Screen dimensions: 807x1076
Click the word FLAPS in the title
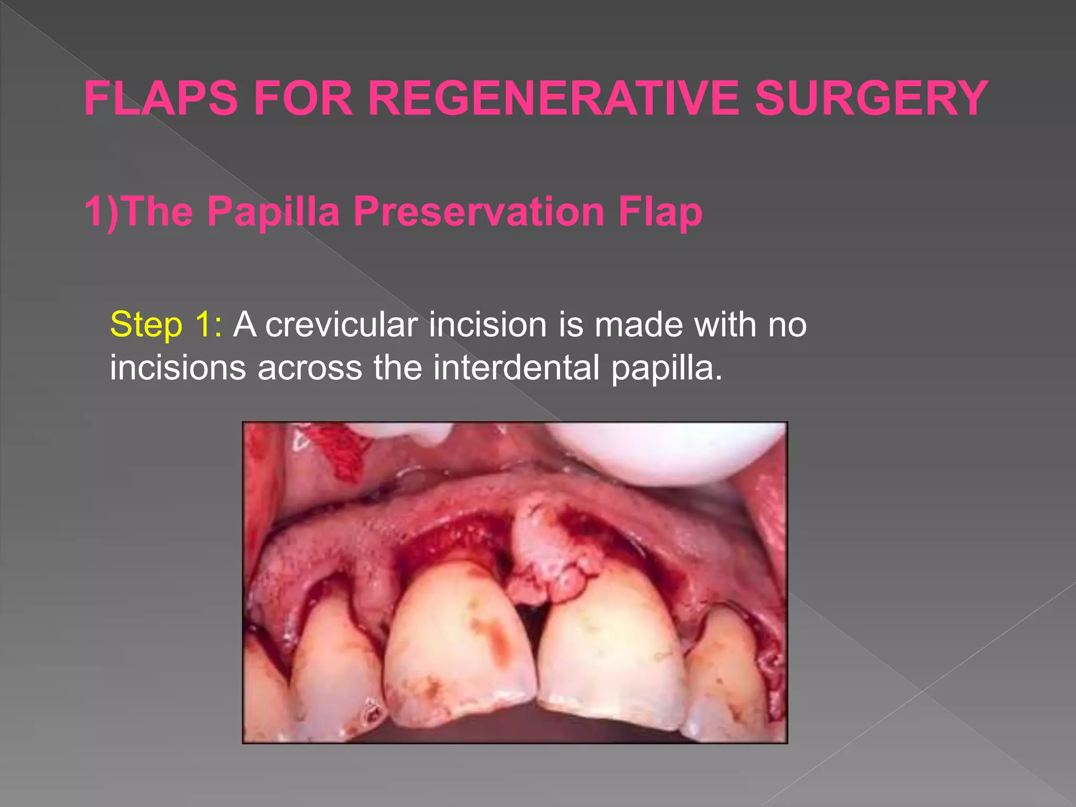pos(161,98)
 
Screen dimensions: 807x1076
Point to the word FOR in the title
pos(303,98)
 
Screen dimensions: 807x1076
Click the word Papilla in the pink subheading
pos(273,211)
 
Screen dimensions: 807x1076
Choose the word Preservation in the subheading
pos(479,211)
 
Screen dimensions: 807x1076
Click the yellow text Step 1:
pos(166,324)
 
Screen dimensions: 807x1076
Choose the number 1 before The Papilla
pos(95,211)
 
